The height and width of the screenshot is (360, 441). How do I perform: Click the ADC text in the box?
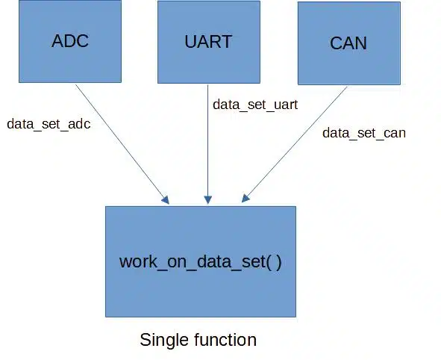coord(70,41)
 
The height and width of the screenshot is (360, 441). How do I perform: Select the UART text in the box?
coord(208,42)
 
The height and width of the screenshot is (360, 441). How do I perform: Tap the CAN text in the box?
coord(348,43)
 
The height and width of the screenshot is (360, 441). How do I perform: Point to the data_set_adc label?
coord(49,124)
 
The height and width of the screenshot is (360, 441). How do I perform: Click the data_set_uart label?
coord(255,105)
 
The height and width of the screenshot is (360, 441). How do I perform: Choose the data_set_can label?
coord(364,133)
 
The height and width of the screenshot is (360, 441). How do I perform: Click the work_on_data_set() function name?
coord(200,261)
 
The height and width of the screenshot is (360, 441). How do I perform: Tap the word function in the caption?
coord(220,339)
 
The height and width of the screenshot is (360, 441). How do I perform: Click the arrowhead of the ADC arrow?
coord(166,200)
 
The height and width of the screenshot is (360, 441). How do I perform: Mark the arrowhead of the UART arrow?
coord(208,200)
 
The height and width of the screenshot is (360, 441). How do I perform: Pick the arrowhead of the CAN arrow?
coord(245,199)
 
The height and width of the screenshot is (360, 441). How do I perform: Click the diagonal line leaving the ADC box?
coord(120,141)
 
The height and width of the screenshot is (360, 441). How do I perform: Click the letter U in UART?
coord(190,42)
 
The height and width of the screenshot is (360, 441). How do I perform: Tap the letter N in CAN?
coord(361,43)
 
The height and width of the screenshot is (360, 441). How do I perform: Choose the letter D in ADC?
coord(70,41)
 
